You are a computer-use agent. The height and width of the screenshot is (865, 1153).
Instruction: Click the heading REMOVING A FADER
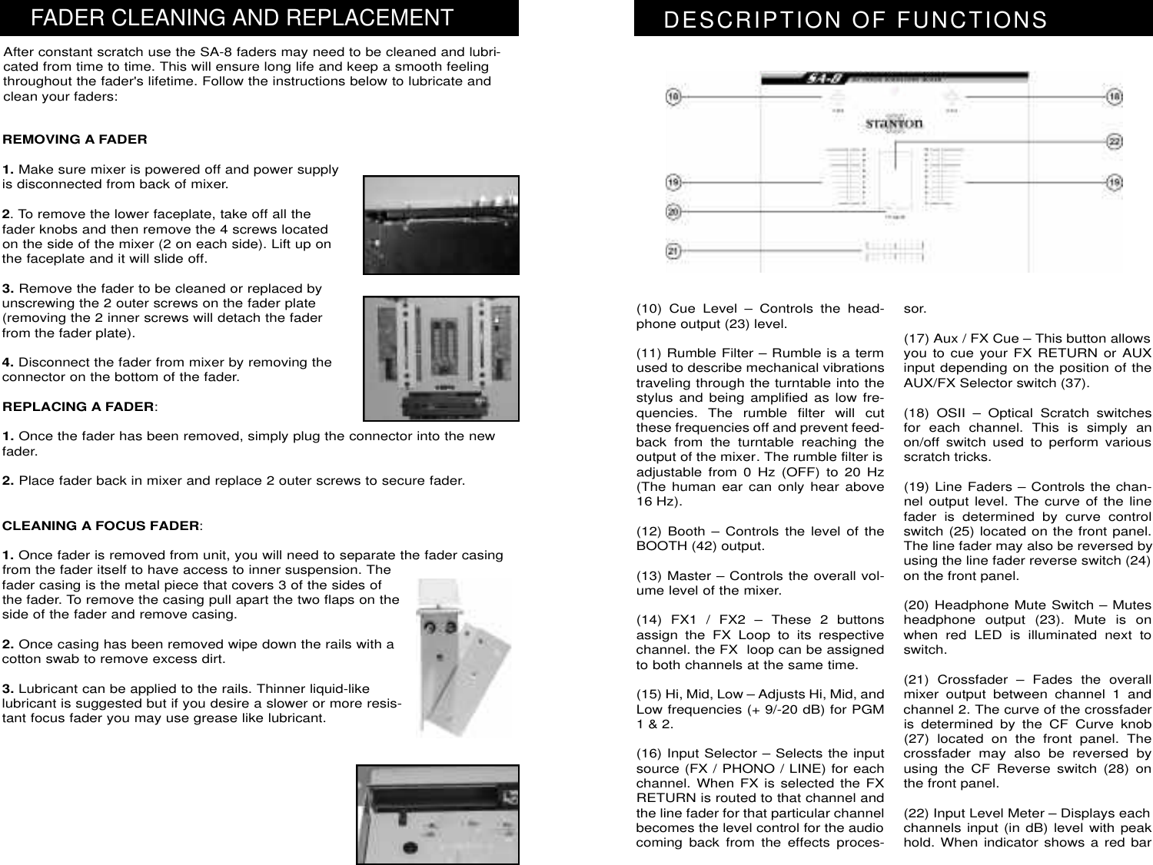(75, 140)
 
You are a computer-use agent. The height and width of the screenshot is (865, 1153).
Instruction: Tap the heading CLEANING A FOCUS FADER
(102, 526)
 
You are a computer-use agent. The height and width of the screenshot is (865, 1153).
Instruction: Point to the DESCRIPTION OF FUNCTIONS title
(856, 20)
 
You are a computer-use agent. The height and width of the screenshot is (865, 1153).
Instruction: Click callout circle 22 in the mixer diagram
(1114, 142)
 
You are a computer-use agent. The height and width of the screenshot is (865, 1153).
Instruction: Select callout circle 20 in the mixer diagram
(673, 212)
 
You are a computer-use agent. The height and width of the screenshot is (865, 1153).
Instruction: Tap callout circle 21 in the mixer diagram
(673, 250)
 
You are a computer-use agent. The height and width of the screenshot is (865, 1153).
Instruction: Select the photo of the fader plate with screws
(440, 358)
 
